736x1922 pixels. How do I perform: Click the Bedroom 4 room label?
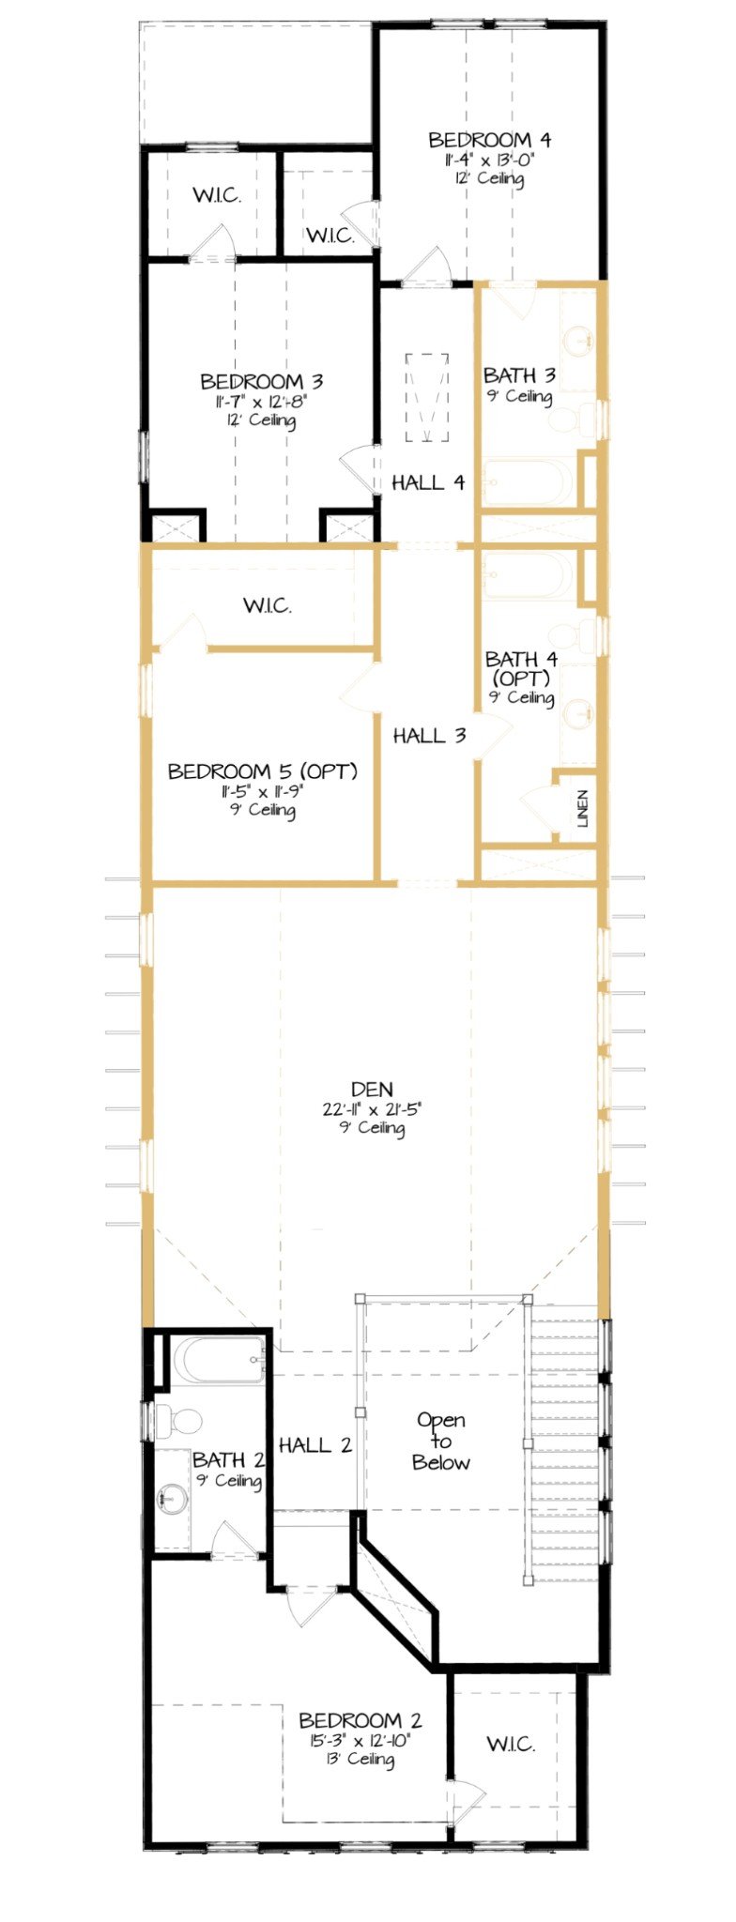(489, 141)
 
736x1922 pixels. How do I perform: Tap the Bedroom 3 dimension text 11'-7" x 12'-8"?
(262, 402)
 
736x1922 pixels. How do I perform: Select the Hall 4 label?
(428, 482)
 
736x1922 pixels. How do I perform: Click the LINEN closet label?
(583, 808)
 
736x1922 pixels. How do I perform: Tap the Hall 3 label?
(429, 736)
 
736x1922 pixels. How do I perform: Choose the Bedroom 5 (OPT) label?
(262, 771)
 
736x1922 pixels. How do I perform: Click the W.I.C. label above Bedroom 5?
(268, 606)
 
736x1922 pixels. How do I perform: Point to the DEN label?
(372, 1090)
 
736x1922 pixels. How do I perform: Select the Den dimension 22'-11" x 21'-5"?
(372, 1109)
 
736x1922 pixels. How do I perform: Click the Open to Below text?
(441, 1441)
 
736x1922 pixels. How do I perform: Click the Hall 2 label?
(315, 1445)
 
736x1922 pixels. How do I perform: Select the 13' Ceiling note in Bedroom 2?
(360, 1759)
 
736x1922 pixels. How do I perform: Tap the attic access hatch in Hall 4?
(427, 396)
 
